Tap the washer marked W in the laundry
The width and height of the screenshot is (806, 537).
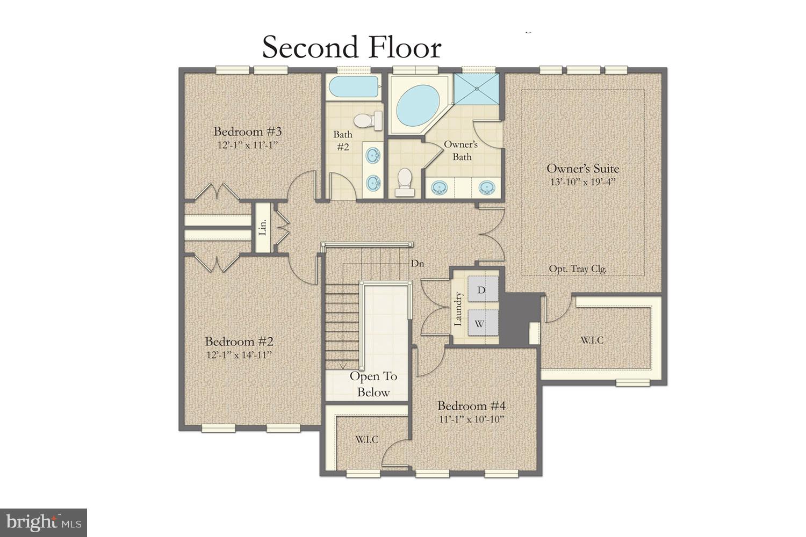(x=480, y=324)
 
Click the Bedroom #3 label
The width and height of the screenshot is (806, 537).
(x=248, y=132)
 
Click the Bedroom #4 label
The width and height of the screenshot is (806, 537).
(x=471, y=406)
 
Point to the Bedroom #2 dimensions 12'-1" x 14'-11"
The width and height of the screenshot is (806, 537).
(x=239, y=355)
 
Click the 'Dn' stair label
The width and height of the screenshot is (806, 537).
(x=418, y=264)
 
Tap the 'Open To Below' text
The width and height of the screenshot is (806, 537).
(x=373, y=384)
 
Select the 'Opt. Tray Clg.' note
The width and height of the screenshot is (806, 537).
(x=578, y=269)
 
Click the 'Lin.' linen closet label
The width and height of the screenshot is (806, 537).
(x=263, y=228)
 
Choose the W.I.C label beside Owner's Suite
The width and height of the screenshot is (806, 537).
(x=592, y=340)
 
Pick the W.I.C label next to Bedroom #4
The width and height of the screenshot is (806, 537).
(x=366, y=439)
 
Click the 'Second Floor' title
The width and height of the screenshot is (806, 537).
(x=351, y=47)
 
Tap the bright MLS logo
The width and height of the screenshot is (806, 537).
(x=44, y=523)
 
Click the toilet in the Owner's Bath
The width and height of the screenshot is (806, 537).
(x=404, y=182)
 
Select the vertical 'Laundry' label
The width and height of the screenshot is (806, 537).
(x=458, y=309)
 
